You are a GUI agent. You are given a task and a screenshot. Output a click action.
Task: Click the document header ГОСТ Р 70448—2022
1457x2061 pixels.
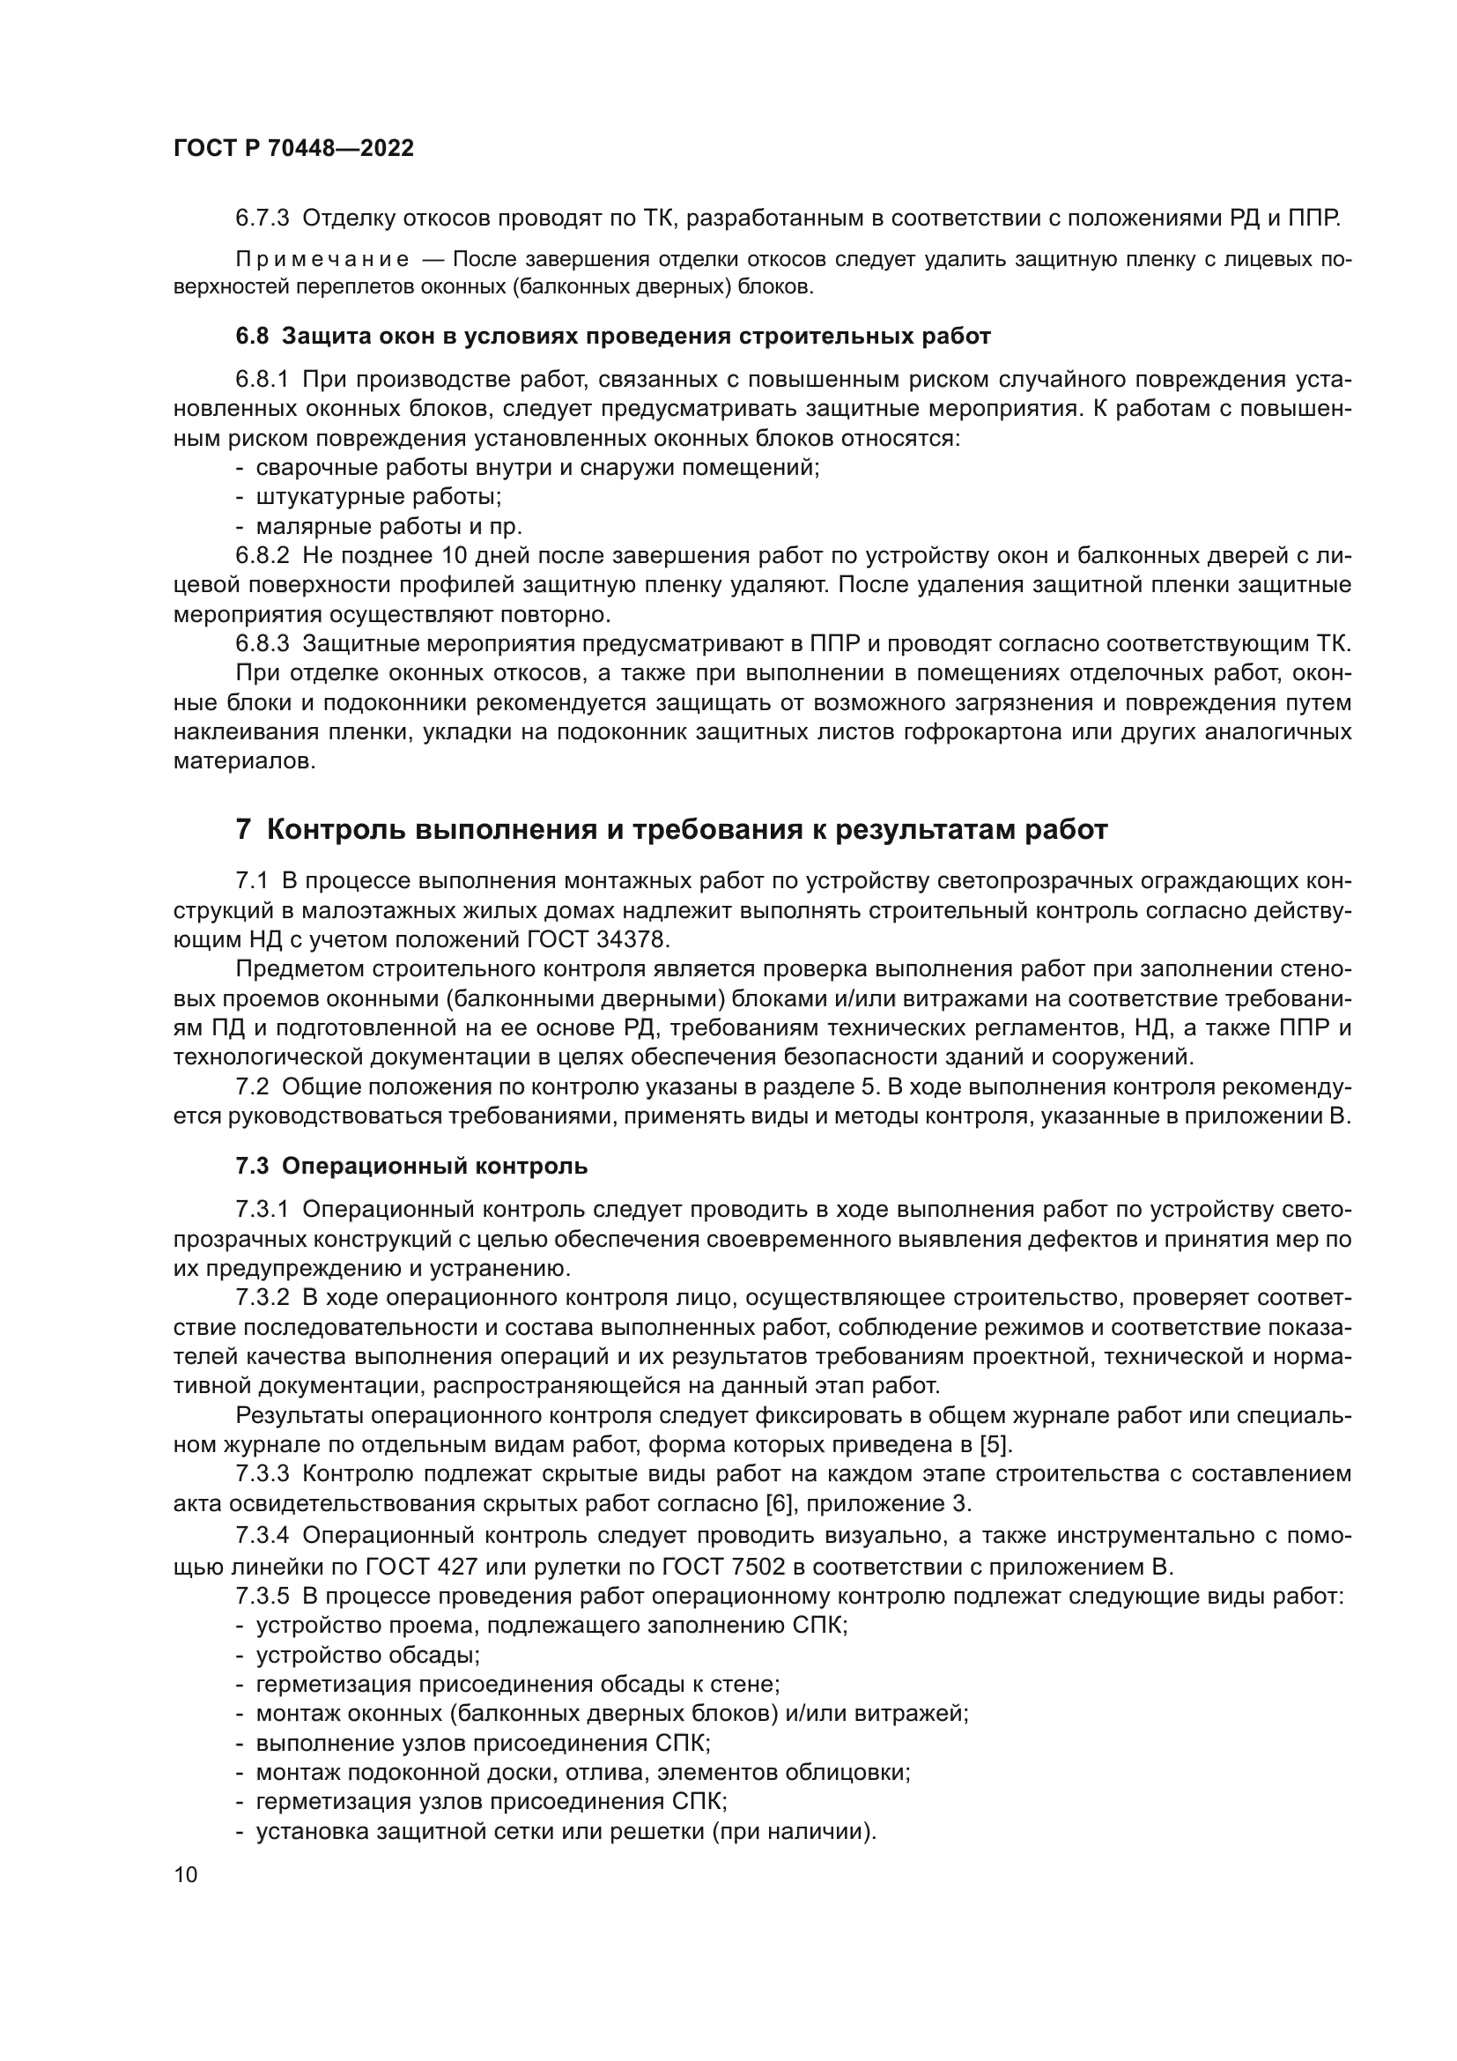click(x=293, y=149)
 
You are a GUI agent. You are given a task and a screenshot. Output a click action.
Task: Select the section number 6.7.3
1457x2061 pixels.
click(x=262, y=219)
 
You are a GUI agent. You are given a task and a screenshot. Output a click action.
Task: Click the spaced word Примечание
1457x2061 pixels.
click(x=322, y=260)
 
